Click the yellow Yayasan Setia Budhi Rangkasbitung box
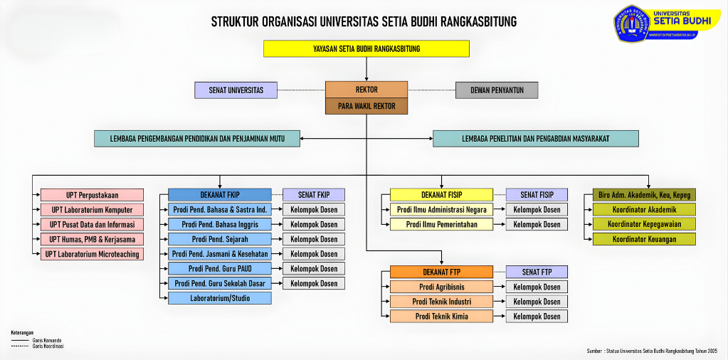point(366,48)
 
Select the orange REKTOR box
point(366,90)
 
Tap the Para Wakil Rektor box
point(366,106)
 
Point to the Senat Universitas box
point(236,90)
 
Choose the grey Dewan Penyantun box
point(497,90)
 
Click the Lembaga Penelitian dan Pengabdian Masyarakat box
point(535,139)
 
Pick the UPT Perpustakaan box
point(92,195)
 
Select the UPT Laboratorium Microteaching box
point(92,254)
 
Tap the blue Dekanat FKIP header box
point(219,195)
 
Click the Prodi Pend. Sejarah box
point(219,239)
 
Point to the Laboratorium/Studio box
point(219,298)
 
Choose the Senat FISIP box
point(537,195)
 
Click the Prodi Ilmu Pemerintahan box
point(441,224)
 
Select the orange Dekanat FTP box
point(441,272)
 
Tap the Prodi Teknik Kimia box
point(441,316)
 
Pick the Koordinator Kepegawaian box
point(643,224)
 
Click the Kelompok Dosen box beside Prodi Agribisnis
point(537,287)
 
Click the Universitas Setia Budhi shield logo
point(632,23)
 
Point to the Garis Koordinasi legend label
point(48,346)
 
